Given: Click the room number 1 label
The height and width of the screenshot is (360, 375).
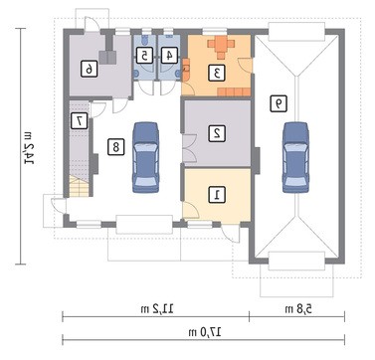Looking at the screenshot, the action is tap(217, 194).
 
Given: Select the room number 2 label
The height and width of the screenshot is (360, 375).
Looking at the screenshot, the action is tap(217, 133).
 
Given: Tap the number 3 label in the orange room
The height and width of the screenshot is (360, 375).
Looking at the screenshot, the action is tap(217, 73).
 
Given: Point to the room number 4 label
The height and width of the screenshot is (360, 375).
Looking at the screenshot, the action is tap(169, 56).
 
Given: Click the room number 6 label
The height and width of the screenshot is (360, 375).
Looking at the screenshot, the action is tap(90, 70).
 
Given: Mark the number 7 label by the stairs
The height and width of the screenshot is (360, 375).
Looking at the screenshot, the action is tap(80, 121).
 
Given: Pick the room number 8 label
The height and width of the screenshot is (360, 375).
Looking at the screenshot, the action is tap(115, 146).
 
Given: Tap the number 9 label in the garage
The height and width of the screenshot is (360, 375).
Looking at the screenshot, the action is tap(279, 103).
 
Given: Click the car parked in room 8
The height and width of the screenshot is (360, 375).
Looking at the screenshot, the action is tap(146, 157).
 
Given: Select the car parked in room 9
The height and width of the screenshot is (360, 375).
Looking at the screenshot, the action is tap(295, 157).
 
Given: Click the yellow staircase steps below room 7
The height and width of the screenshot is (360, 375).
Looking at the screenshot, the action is tap(80, 187).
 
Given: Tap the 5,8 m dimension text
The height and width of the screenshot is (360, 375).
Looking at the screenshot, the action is tap(298, 309).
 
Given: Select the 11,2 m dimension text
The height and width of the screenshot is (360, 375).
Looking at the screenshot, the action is tap(157, 309).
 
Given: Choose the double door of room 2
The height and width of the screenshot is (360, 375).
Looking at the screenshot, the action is tap(190, 148).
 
